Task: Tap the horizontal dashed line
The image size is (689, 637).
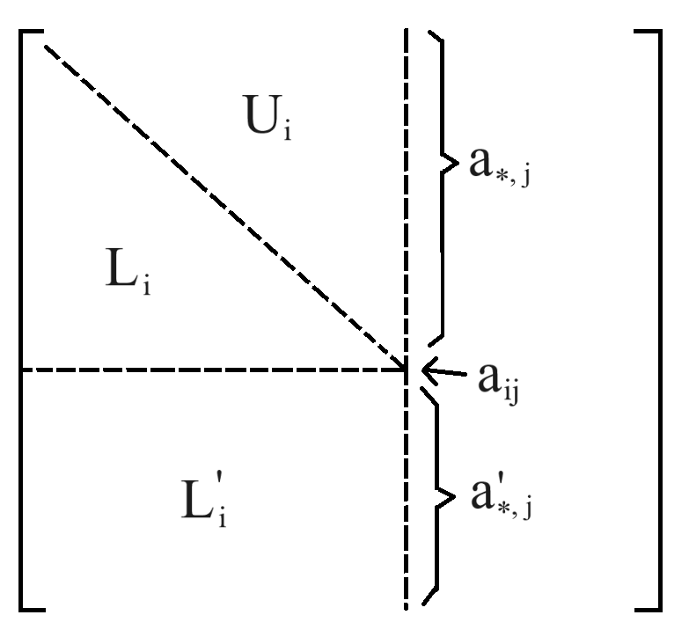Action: point(211,370)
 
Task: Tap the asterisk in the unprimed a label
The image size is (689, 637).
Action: point(502,178)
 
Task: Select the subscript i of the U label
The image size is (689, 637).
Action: point(287,132)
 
